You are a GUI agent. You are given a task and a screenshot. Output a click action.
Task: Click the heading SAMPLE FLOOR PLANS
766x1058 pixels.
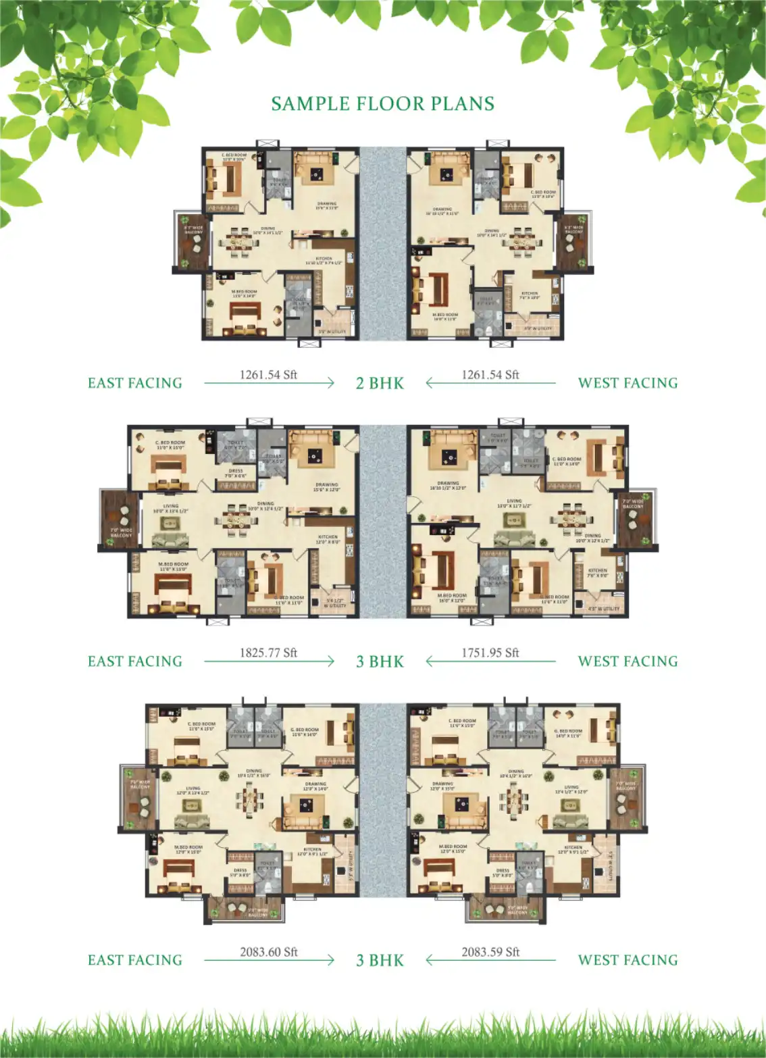382,103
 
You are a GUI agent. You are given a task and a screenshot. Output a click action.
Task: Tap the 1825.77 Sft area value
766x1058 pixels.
268,653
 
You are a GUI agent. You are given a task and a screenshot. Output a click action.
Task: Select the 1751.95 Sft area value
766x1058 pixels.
490,653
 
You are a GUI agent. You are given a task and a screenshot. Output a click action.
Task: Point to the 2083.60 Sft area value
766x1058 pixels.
268,952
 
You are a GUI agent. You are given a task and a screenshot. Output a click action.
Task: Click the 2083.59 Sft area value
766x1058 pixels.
490,952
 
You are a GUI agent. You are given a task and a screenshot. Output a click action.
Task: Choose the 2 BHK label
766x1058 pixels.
380,383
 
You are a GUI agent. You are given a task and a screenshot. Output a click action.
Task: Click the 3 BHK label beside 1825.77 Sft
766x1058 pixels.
380,661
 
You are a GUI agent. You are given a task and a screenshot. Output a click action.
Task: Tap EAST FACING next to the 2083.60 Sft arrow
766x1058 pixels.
135,960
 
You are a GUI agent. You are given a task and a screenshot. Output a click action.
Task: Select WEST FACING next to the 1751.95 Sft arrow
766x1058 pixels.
628,661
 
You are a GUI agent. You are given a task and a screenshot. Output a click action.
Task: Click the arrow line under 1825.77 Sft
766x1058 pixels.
269,662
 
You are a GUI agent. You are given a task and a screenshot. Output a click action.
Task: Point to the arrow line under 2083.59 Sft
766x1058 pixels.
490,960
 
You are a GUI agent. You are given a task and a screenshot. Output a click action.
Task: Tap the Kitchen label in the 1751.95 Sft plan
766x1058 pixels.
598,572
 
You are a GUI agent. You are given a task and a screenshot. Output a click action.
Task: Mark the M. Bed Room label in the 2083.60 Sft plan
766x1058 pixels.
188,849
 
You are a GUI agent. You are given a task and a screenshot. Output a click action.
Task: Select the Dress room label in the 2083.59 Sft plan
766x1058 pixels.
503,872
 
